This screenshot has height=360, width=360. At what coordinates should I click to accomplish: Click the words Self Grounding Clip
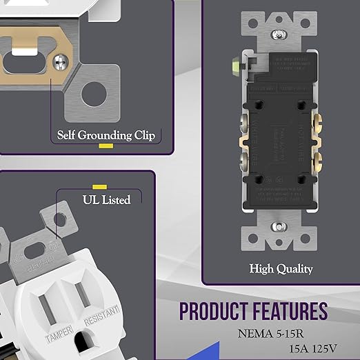106,135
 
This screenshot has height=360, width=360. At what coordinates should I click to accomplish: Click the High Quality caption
281,268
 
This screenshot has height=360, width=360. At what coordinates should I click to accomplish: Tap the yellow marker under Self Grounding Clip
106,146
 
